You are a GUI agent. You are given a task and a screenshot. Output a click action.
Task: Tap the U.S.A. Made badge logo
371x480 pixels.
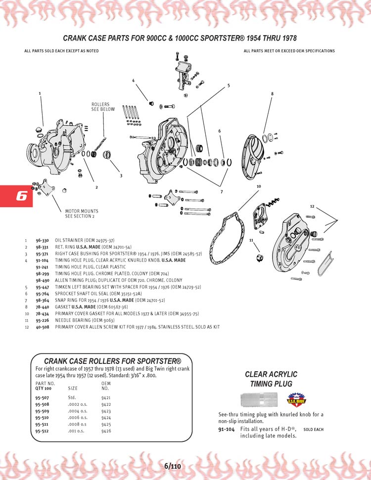coord(294,398)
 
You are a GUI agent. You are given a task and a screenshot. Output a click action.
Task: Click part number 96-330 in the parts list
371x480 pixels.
coord(42,241)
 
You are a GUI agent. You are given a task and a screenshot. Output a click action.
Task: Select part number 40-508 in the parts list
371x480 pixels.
coord(42,327)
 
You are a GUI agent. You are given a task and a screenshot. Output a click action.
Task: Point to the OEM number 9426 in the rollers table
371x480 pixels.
coord(106,431)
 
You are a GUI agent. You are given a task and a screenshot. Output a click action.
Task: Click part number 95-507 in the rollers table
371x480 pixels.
coord(42,397)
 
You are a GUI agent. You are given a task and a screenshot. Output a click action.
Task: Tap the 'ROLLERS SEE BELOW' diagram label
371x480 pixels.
coord(103,107)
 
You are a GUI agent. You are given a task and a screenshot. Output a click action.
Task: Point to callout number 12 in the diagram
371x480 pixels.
coord(312,206)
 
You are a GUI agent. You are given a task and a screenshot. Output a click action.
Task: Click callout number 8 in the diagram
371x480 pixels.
coord(272,93)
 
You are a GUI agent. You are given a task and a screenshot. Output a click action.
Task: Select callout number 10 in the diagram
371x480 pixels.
coord(258,186)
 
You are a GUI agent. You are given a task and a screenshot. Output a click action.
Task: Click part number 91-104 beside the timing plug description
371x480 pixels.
coord(227,429)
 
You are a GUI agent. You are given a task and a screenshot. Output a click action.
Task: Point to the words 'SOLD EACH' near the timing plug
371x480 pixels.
coord(313,430)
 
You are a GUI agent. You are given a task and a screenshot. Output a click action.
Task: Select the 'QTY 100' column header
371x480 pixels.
coord(44,389)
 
